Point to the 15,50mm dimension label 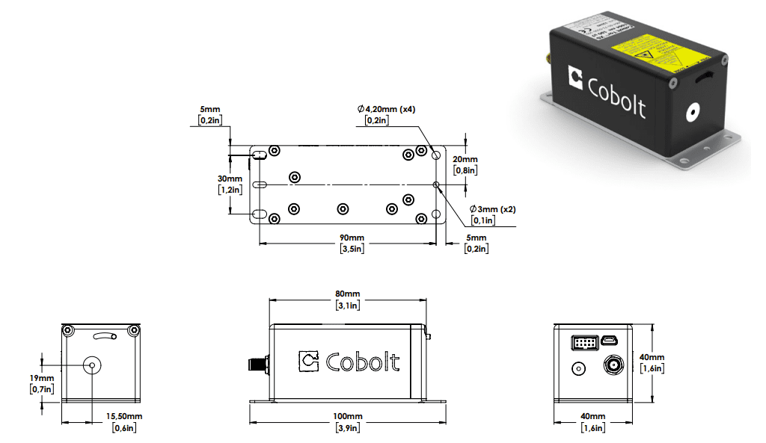point(123,416)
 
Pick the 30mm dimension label point(230,179)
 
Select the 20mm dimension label point(465,159)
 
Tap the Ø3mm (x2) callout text point(492,209)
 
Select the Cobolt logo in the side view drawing point(349,362)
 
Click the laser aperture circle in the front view point(93,365)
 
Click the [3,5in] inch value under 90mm point(352,249)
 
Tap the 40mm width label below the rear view point(592,416)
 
